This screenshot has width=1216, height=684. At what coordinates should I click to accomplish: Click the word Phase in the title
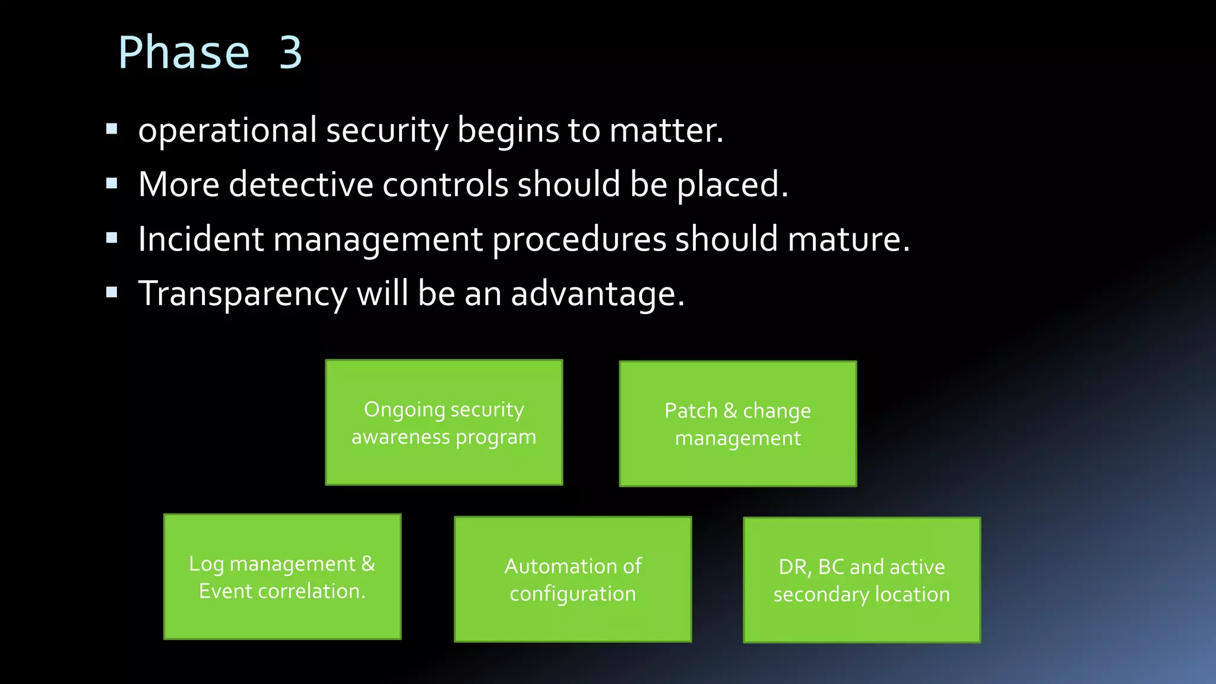coord(183,53)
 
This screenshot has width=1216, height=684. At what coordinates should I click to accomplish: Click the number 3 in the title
coord(291,53)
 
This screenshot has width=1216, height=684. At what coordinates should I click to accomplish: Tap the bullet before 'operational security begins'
coord(112,129)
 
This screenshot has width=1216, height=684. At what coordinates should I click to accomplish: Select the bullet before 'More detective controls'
coord(112,183)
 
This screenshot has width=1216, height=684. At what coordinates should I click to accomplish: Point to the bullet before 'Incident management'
coord(112,238)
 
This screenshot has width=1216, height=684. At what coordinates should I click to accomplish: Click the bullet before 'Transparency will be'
coord(112,292)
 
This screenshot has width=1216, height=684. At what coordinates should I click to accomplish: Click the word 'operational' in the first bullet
coord(227,131)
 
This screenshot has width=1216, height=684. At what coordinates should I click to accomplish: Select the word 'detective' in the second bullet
coord(301,184)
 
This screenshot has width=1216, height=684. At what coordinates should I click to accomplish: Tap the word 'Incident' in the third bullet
coord(201,239)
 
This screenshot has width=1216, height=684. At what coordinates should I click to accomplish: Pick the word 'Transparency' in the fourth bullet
coord(243,294)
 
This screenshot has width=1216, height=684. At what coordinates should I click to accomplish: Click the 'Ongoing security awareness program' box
coord(444,422)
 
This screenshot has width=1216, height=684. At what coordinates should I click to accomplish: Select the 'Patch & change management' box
coord(737,424)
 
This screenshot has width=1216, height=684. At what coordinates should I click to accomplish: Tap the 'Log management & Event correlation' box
coord(282,577)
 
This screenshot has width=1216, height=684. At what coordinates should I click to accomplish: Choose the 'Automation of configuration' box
coord(573,579)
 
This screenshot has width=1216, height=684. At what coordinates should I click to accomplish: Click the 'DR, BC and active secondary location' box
coord(862,580)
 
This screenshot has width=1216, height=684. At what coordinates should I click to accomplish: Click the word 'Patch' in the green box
coord(691,410)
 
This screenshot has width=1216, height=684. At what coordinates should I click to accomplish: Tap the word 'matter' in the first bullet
coord(663,131)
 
